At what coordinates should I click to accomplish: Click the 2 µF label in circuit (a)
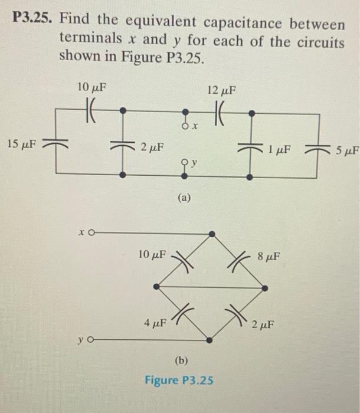pos(152,146)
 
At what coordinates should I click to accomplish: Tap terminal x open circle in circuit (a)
pos(185,125)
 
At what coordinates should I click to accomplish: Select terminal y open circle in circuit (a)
pos(185,159)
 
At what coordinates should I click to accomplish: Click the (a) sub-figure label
pos(185,199)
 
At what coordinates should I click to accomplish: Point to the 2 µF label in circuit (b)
pos(263,324)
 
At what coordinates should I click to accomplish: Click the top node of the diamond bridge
pos(211,234)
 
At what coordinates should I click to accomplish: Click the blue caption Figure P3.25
pos(179,380)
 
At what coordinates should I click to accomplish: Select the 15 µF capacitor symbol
pos(56,143)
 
